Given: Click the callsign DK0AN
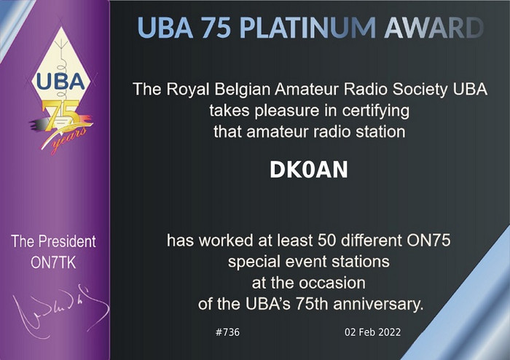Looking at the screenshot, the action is point(309,170).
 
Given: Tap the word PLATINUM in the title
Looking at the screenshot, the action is point(307,27).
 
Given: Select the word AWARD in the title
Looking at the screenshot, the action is point(434,27).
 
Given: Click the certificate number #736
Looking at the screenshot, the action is point(227,332).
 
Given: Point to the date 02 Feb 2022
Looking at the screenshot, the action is point(373,332).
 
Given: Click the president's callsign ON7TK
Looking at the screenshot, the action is point(53,262).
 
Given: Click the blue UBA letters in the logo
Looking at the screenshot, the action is point(60,81).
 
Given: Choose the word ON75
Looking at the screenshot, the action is point(428,240).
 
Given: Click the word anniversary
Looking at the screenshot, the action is point(378,304).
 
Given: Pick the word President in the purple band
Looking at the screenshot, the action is point(67,241).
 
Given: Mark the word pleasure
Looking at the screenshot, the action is point(287,111).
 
